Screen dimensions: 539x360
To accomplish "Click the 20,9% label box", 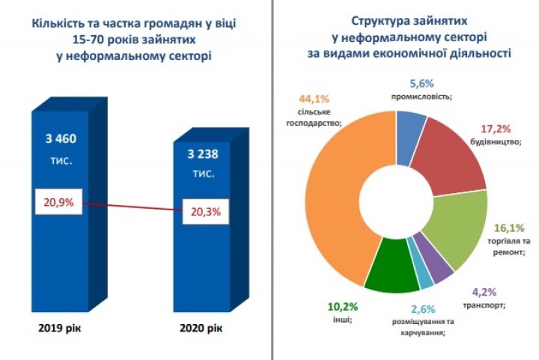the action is coord(59,202).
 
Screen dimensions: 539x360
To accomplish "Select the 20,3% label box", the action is coord(206,212).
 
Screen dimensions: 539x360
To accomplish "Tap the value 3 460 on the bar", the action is coord(61,138).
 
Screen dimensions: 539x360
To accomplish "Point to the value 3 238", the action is coord(203,153).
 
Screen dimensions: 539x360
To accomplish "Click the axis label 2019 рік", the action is coord(60,328).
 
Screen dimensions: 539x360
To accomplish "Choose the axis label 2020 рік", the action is coord(201,328).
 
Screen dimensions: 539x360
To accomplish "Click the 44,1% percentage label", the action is coord(314,99).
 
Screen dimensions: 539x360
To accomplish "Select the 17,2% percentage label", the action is coord(496,129).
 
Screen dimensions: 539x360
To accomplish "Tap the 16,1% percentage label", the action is coord(509,228).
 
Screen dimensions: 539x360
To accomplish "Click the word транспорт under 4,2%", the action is coord(484,305).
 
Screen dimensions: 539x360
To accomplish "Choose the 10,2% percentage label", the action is coord(343,306).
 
